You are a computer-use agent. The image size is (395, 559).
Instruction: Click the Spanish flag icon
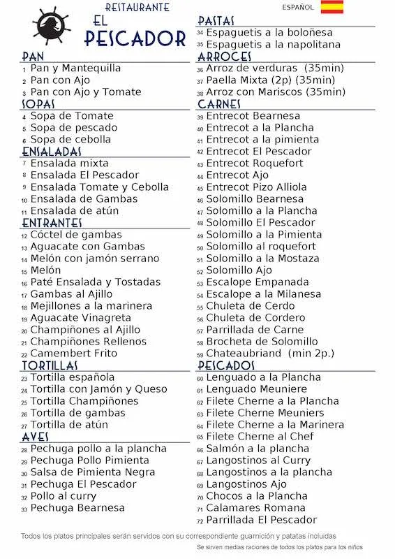(331, 8)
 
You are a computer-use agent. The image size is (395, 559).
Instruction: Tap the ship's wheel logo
(52, 27)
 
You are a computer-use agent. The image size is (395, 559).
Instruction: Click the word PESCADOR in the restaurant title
(135, 38)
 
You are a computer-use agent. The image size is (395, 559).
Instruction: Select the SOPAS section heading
(38, 104)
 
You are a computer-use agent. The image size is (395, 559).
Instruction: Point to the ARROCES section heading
(224, 57)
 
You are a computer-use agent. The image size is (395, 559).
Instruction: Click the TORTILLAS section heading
(50, 365)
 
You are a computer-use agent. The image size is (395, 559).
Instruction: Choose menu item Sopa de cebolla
(70, 139)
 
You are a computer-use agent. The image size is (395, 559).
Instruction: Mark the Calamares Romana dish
(256, 508)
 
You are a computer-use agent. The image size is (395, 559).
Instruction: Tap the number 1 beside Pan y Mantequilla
(24, 70)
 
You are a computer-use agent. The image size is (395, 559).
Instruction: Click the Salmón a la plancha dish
(258, 449)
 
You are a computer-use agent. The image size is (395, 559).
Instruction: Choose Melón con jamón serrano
(95, 259)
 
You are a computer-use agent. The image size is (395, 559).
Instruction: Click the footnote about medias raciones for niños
(280, 547)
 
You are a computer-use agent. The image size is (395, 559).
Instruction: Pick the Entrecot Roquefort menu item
(255, 164)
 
